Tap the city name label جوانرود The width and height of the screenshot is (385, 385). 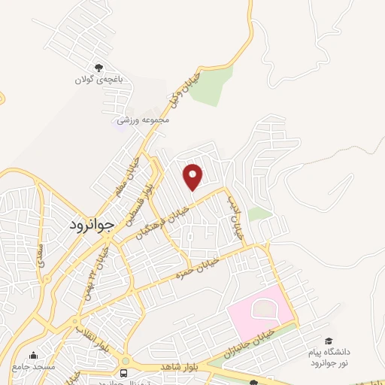tap(91, 223)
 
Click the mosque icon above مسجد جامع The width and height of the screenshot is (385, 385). tap(33, 356)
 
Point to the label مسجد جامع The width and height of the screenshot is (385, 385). tap(33, 366)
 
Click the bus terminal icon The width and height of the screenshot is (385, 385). tap(124, 373)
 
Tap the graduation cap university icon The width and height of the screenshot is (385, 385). tap(328, 341)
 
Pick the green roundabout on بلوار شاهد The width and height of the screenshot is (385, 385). tap(124, 361)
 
